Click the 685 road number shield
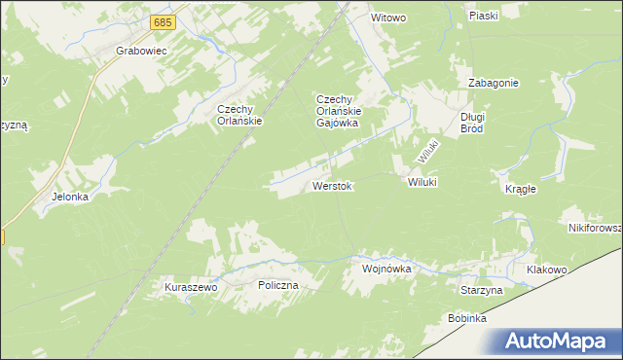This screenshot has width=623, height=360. [164, 21]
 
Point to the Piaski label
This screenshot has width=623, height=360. [483, 16]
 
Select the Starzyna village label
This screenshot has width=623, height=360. [481, 290]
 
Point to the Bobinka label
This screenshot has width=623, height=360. [467, 318]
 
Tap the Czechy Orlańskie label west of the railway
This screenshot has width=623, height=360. [241, 116]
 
